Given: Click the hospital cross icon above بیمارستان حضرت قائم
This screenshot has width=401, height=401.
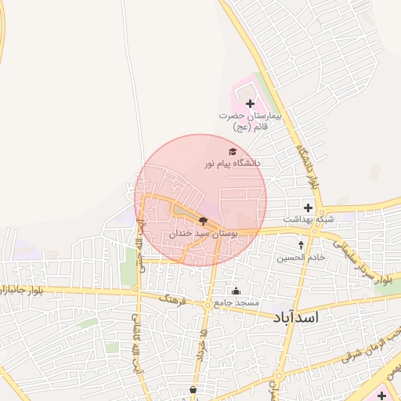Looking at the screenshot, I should tap(251, 103).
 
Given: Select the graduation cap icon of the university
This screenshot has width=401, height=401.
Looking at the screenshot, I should tap(232, 152).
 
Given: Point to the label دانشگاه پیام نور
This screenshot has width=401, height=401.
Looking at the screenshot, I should tap(232, 164).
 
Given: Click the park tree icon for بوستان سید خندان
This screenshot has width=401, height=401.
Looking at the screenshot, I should tap(204, 222).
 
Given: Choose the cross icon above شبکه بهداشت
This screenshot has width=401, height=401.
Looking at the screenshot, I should tap(308, 208).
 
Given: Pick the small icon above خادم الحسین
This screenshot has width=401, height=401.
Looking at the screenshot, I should tap(301, 245).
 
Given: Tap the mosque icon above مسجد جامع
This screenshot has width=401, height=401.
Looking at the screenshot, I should tap(236, 291).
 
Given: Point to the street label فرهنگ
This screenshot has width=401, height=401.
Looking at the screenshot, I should tap(171, 298).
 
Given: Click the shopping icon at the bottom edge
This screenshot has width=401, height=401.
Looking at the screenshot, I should tap(193, 389).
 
